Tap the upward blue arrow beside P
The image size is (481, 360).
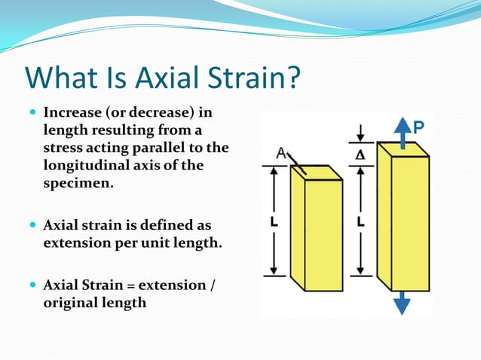[403, 133]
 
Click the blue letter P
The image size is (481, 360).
[418, 128]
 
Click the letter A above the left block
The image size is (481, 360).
[281, 153]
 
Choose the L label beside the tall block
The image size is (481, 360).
[361, 223]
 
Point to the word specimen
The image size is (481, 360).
[78, 182]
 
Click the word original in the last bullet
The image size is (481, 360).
[69, 303]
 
